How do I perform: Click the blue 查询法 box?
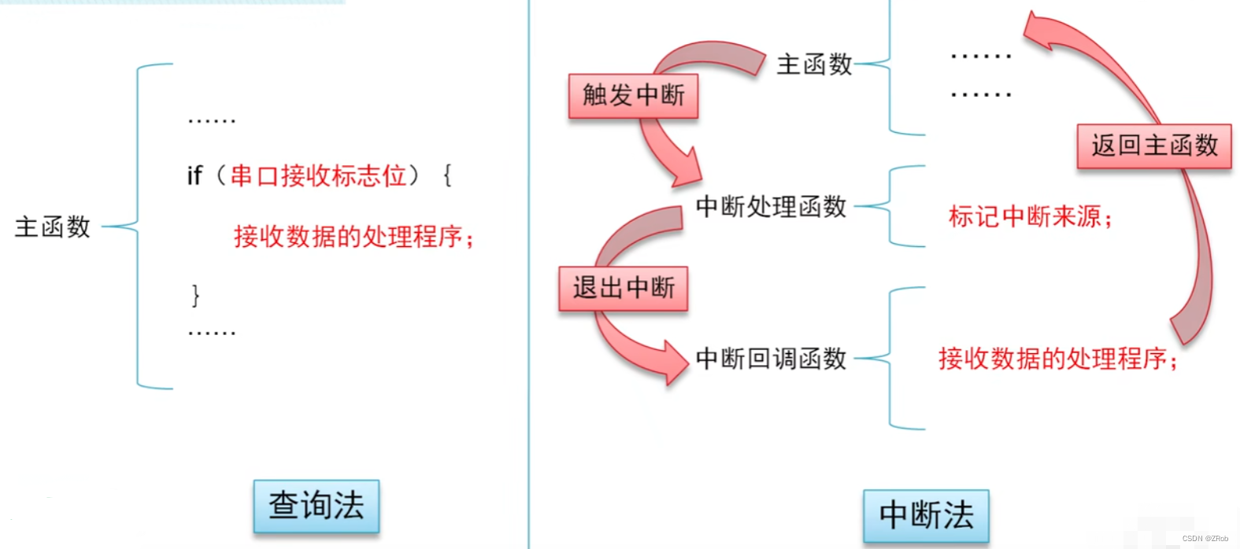tap(316, 506)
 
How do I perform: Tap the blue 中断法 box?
tap(926, 515)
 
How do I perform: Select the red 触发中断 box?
tap(633, 96)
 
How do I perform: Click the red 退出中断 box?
tap(623, 288)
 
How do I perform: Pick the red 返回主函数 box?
tap(1153, 146)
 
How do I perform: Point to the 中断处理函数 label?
tap(771, 207)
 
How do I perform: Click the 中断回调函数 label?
tap(771, 359)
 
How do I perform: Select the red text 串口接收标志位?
tap(318, 175)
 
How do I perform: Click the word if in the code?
tap(194, 175)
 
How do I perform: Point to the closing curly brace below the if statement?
tap(196, 295)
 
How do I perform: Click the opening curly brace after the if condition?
tap(447, 175)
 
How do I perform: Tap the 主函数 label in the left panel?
tap(53, 227)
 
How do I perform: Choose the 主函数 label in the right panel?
tap(814, 64)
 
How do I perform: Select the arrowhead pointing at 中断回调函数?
tap(675, 363)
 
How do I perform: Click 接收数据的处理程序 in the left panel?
tap(353, 236)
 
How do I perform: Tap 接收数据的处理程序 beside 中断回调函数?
tap(1057, 359)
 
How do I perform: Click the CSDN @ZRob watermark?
tap(1205, 539)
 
